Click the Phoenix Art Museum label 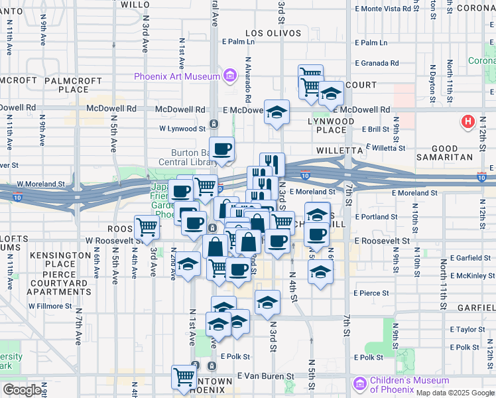tap(176, 76)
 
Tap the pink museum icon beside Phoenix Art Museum tap(229, 76)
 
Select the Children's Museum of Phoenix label tap(408, 385)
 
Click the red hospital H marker tap(468, 122)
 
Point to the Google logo tap(22, 390)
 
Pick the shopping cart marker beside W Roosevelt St tap(147, 227)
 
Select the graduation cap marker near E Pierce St tap(321, 271)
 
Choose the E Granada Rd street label tap(377, 64)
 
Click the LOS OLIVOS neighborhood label tap(269, 33)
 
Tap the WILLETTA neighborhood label tap(339, 151)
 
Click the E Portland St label tap(376, 217)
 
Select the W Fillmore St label tap(50, 306)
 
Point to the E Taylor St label tap(467, 330)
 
